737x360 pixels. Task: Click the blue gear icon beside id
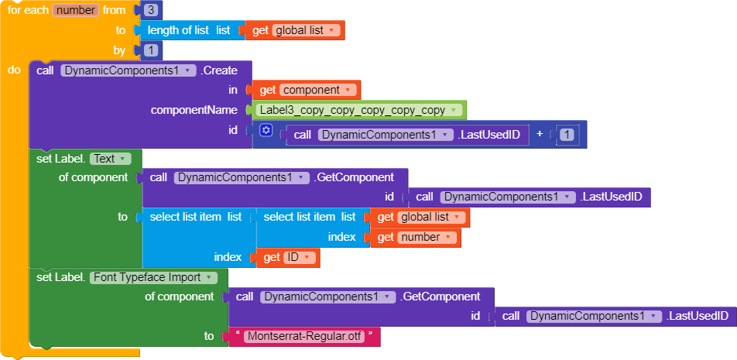pos(266,130)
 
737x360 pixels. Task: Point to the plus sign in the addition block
pos(540,134)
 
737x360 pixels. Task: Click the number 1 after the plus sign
pos(567,135)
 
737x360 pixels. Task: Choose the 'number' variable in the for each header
pos(75,10)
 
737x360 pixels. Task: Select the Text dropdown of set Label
pos(110,158)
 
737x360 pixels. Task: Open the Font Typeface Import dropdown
pos(153,277)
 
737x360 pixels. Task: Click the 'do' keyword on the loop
pos(14,70)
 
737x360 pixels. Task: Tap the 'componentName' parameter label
pos(194,110)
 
